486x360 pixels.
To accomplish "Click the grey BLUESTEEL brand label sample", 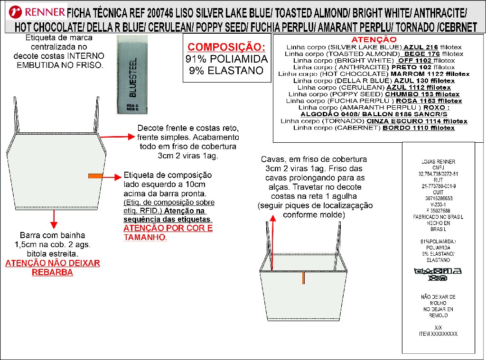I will (131, 76).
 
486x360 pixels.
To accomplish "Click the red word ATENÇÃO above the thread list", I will (373, 39).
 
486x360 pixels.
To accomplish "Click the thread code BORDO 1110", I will (419, 128).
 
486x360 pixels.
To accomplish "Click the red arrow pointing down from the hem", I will (54, 219).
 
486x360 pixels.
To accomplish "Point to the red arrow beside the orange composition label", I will (112, 177).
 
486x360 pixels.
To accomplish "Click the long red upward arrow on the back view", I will (273, 242).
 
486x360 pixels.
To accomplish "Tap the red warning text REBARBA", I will (52, 272).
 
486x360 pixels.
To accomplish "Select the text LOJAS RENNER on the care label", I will (431, 161).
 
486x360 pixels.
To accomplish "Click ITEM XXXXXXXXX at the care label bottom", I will (438, 334).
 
